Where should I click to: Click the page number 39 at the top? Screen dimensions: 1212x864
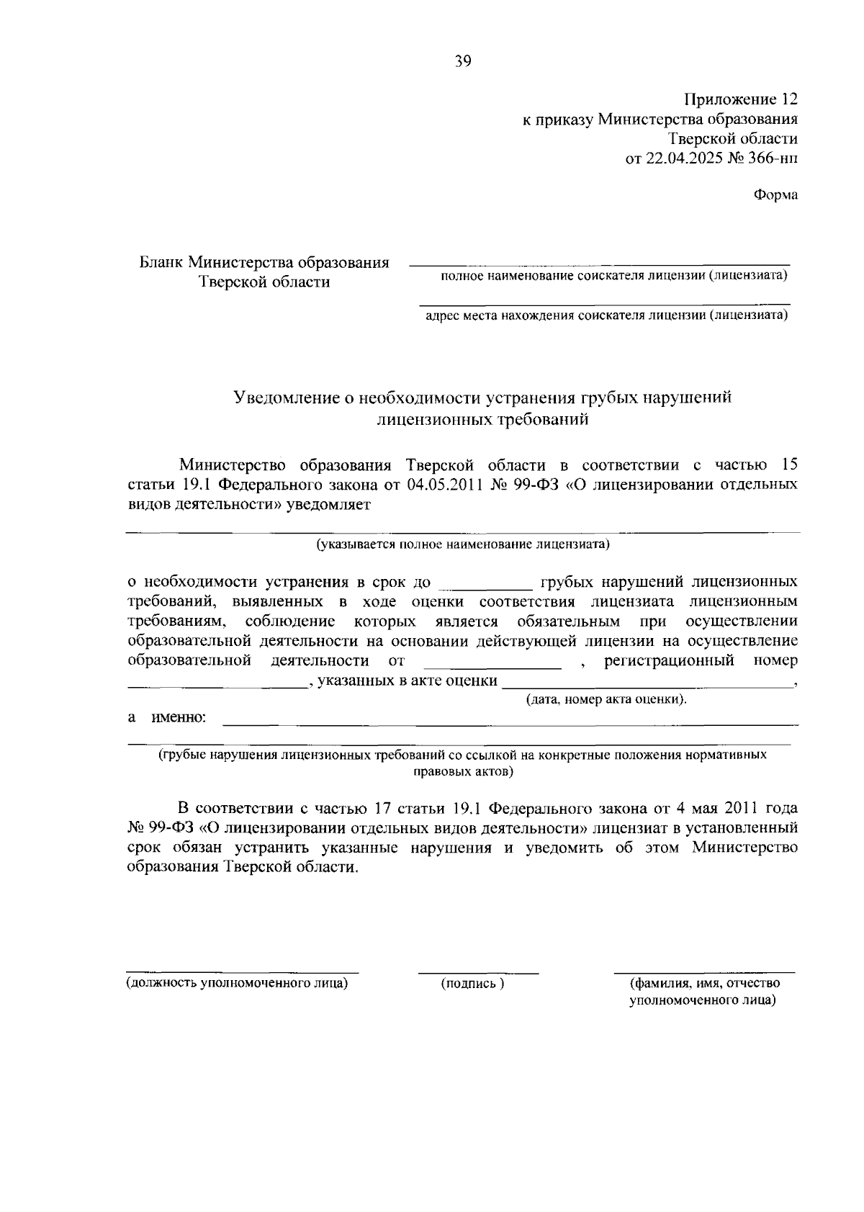point(463,62)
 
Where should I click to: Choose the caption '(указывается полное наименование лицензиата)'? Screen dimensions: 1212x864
point(464,544)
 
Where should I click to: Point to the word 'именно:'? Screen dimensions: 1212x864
point(178,718)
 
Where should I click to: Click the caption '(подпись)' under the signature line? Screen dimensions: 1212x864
point(472,984)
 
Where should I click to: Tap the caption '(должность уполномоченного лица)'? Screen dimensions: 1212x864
point(238,983)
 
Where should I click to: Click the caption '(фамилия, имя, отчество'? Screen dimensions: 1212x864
point(704,983)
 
